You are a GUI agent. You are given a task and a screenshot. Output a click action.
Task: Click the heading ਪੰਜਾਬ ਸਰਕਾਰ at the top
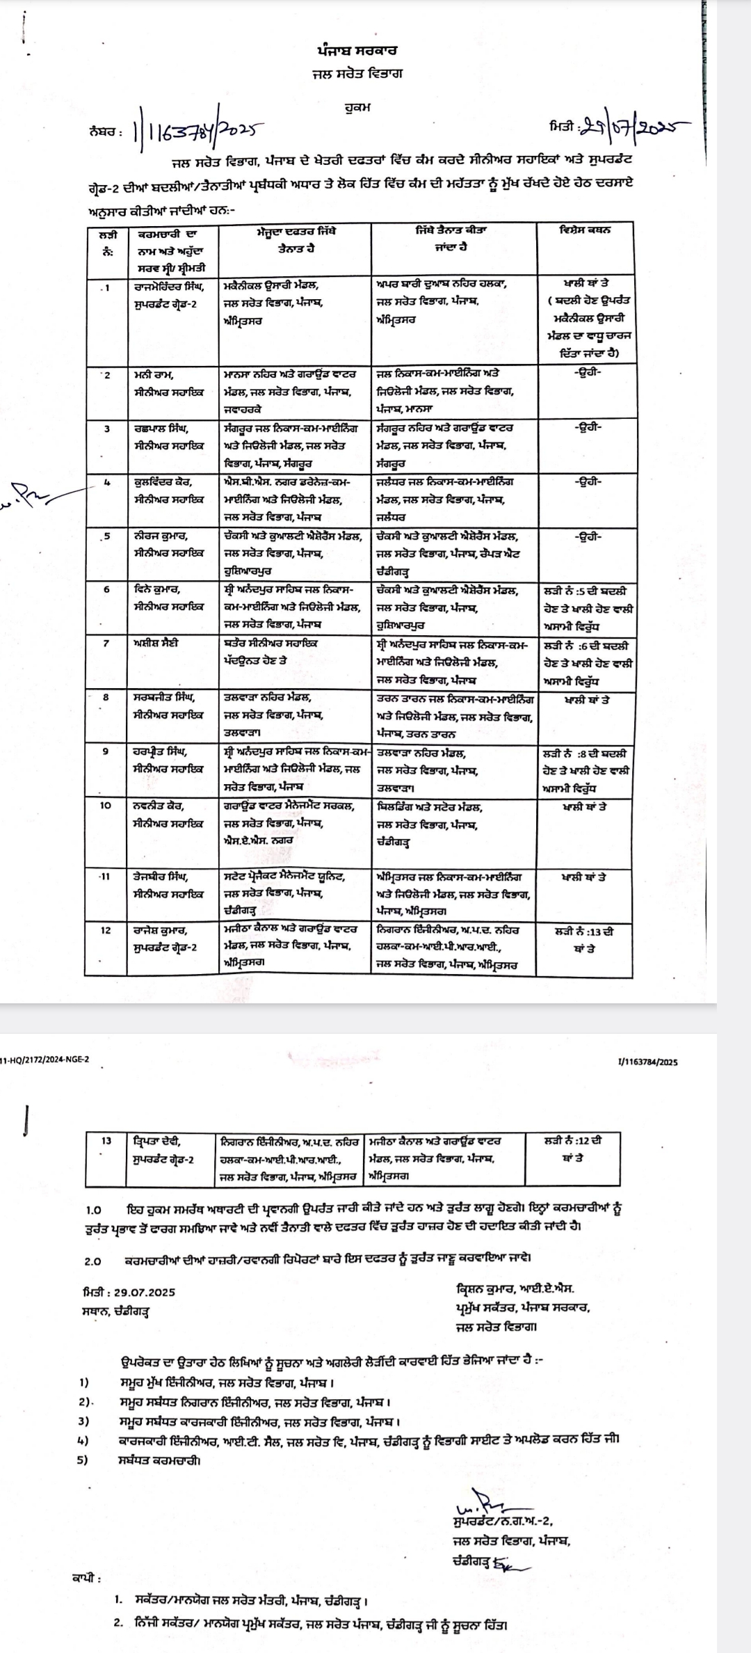[357, 51]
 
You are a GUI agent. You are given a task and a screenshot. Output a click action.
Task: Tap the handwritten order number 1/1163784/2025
[198, 131]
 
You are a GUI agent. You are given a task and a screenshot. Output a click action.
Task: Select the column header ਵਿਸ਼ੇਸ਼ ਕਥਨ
[585, 230]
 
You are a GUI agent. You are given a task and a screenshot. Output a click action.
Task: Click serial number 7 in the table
[106, 643]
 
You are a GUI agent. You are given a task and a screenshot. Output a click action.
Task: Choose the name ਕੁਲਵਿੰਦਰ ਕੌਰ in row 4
[163, 481]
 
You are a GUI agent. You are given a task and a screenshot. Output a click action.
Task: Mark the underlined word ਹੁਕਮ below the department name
[357, 108]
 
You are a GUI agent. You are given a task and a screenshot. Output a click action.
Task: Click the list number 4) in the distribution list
[84, 1438]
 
